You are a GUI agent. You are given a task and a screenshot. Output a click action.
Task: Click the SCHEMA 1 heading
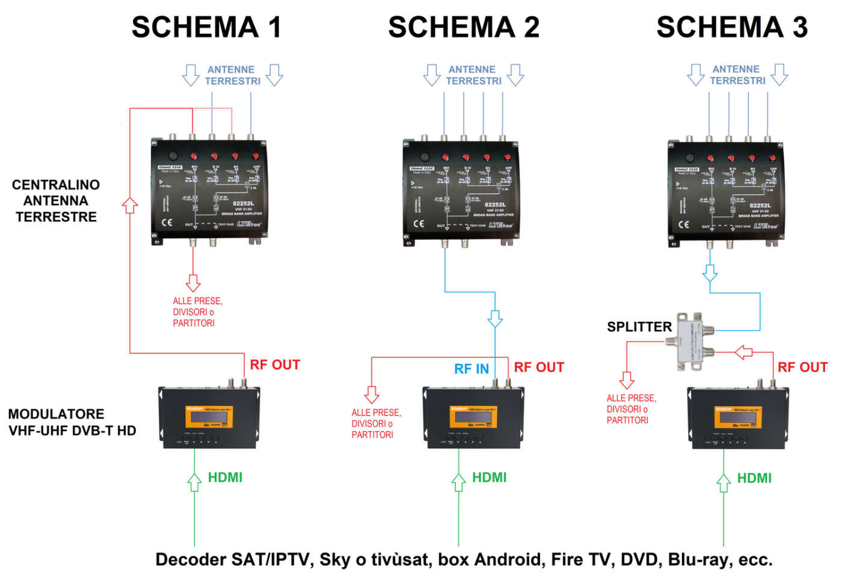pos(206,27)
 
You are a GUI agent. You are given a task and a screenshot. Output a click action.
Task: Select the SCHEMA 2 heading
pos(463,27)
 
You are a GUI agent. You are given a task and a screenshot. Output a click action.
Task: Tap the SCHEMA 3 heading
pos(731,27)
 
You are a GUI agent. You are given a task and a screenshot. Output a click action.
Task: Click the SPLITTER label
pos(639,327)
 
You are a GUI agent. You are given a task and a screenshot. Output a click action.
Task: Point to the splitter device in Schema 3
pos(689,340)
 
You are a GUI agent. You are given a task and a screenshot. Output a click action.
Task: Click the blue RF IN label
pos(471,369)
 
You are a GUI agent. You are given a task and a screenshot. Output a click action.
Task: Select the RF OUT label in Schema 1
pos(274,365)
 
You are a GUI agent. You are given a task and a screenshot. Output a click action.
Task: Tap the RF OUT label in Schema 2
pos(539,367)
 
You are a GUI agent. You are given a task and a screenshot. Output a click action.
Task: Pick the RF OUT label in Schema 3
pos(802,367)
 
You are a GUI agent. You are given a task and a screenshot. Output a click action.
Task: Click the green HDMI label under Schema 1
pos(225,478)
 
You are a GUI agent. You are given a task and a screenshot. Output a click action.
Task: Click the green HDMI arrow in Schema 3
pos(724,483)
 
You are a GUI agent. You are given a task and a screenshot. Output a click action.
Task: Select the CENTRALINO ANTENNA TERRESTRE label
pos(56,201)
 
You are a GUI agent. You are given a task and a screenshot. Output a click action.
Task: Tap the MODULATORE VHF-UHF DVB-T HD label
pos(72,422)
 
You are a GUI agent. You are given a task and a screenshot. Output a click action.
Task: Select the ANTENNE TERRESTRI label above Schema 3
pos(737,75)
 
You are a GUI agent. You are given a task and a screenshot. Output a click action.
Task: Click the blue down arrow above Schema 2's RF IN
pos(495,318)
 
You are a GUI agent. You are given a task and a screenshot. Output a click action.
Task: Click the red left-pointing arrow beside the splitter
pos(744,352)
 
